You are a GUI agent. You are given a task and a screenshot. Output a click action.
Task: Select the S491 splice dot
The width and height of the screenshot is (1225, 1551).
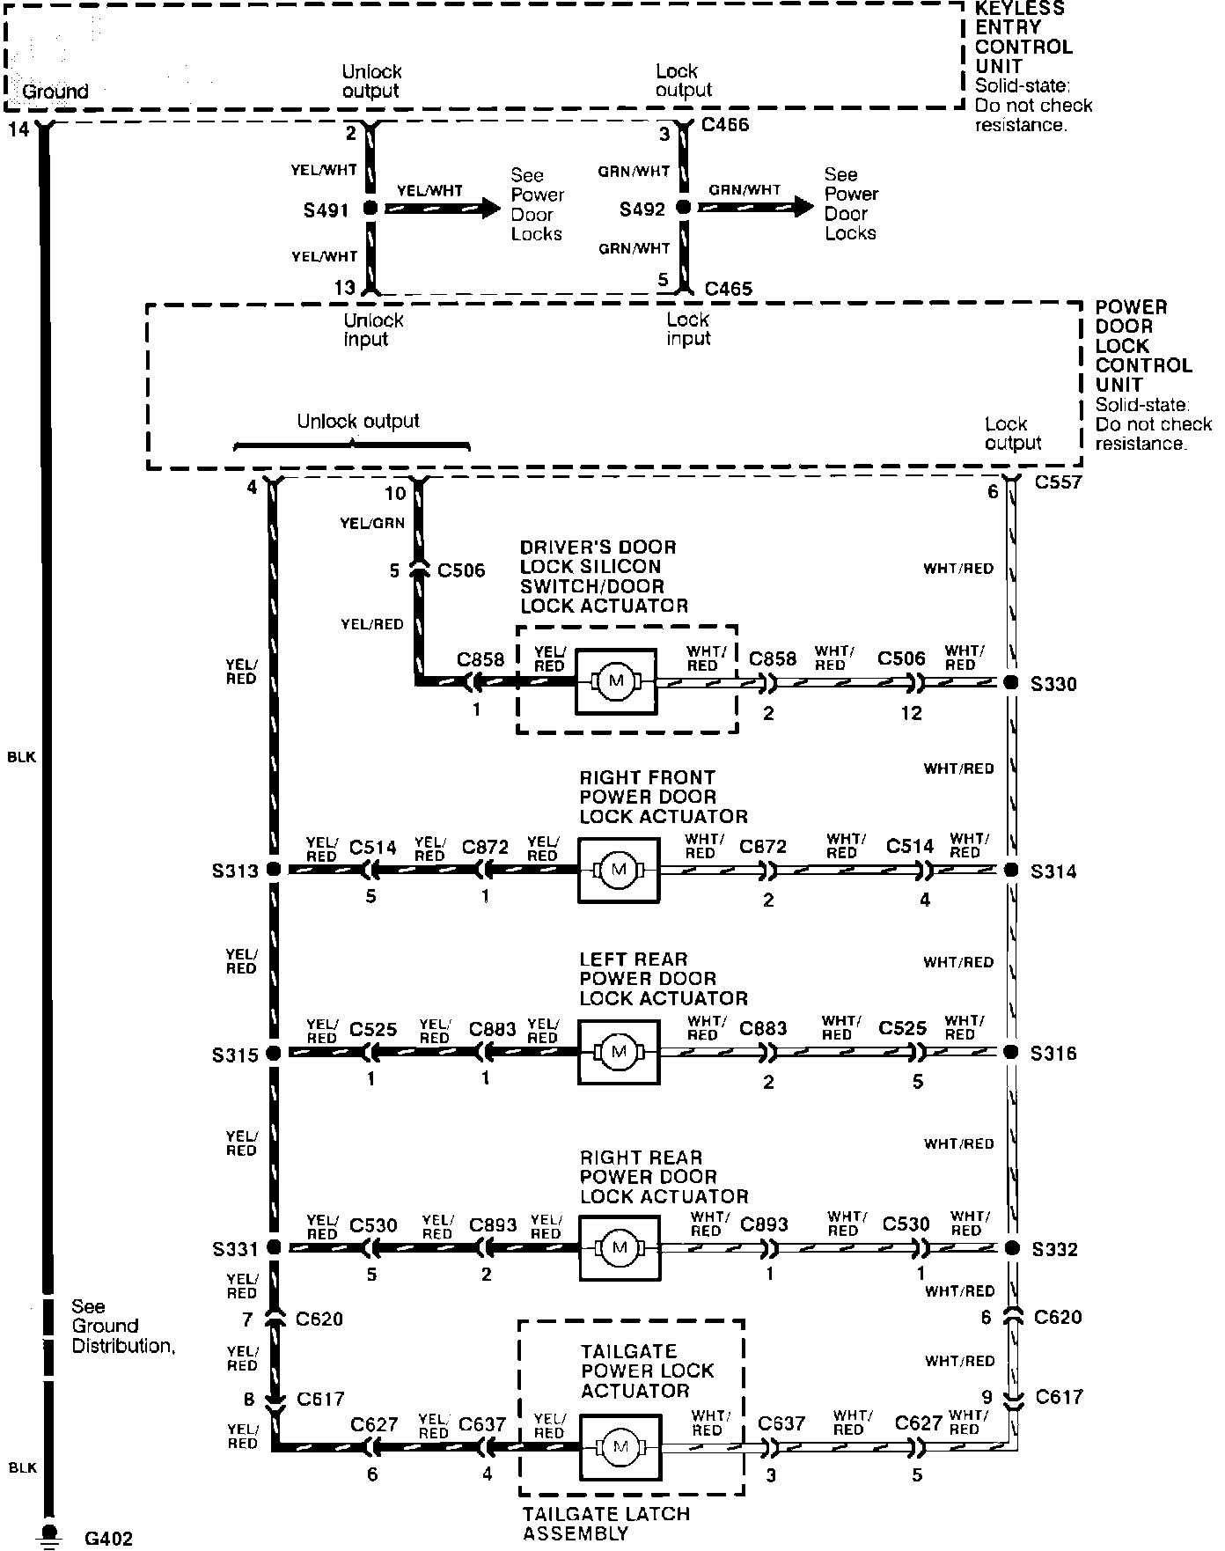point(370,209)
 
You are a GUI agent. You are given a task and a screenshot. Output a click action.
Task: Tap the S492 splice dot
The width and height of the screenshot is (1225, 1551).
point(683,208)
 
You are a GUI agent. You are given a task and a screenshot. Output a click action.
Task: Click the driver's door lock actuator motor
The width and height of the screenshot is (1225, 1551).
point(615,681)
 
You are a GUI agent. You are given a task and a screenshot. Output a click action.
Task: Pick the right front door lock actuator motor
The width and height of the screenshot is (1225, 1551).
point(618,870)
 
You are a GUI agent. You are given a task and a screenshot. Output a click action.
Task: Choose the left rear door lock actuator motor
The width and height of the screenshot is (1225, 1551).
point(618,1052)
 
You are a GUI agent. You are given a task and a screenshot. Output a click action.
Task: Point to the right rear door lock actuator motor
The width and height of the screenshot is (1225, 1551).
point(620,1248)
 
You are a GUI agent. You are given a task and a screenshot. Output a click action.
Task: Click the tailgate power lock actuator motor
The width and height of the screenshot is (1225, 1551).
point(620,1447)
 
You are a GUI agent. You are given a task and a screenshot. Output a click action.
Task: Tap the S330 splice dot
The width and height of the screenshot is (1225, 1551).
point(1011,682)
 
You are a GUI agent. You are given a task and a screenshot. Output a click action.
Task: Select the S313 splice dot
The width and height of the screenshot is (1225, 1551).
point(273,870)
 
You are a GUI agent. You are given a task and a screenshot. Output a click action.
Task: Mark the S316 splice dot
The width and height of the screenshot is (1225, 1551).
point(1011,1052)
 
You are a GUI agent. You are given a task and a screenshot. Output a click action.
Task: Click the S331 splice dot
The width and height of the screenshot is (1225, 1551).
point(273,1247)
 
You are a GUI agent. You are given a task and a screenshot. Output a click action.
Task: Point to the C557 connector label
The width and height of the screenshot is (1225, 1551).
point(1058,482)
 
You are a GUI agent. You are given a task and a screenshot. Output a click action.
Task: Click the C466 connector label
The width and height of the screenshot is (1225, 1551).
point(725,125)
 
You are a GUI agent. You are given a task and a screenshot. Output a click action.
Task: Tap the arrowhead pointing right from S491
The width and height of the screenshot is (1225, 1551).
point(489,209)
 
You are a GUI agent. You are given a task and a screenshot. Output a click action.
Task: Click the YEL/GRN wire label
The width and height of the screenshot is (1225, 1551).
point(372,523)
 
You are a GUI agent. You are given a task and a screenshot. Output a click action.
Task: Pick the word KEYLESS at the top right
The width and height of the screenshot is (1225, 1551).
point(1019,9)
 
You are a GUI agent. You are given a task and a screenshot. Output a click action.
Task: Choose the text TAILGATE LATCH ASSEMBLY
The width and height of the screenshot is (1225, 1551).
point(605,1524)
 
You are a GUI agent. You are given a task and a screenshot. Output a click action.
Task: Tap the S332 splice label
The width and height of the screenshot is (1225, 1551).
point(1054,1250)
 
